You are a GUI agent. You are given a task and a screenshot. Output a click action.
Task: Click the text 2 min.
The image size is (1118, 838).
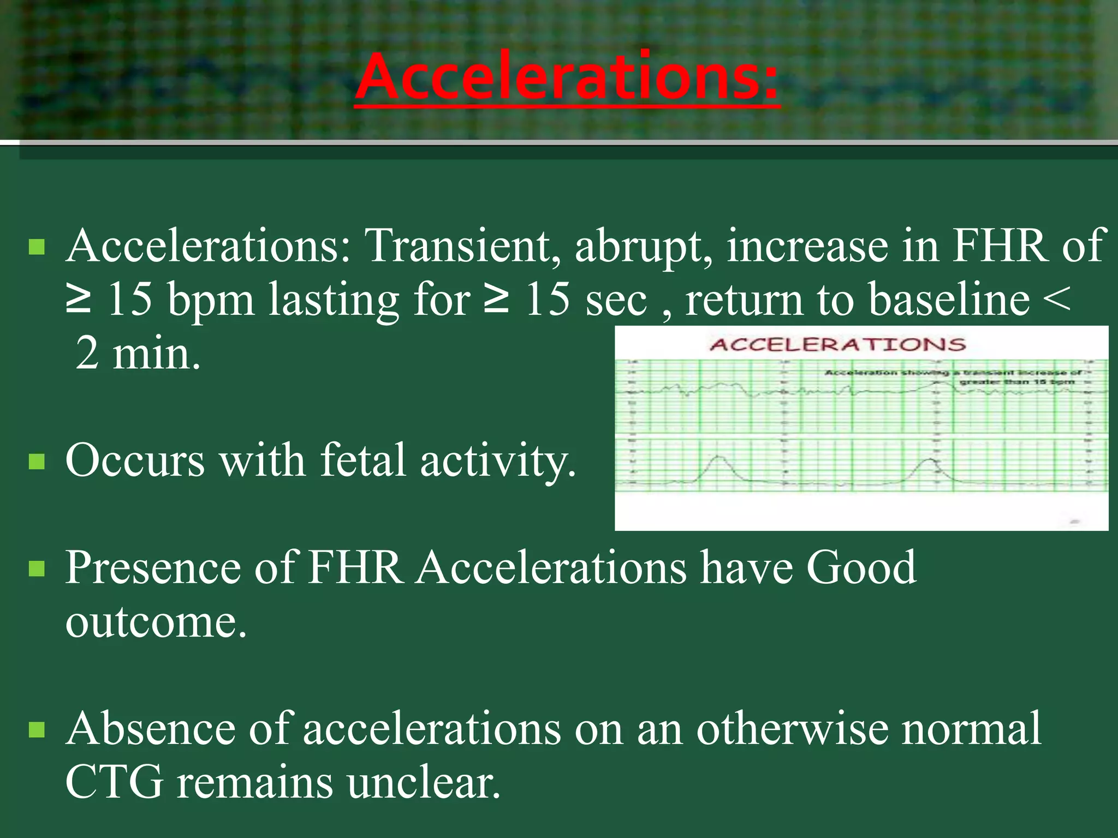[138, 354]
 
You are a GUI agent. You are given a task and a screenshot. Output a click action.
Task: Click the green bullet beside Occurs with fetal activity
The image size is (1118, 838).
[37, 462]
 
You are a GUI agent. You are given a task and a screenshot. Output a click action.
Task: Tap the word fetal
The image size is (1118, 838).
[363, 460]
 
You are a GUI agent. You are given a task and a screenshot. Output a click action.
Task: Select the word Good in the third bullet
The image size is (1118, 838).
[861, 567]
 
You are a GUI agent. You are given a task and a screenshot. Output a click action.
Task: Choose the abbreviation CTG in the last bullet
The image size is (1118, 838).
[114, 782]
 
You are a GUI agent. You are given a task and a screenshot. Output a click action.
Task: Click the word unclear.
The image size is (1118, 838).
[423, 782]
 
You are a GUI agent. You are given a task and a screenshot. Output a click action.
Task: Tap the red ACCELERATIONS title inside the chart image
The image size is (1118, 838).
[837, 345]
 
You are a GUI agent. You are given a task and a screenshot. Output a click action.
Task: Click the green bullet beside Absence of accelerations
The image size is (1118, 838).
[37, 729]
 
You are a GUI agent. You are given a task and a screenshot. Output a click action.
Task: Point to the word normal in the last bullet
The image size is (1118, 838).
[971, 728]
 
